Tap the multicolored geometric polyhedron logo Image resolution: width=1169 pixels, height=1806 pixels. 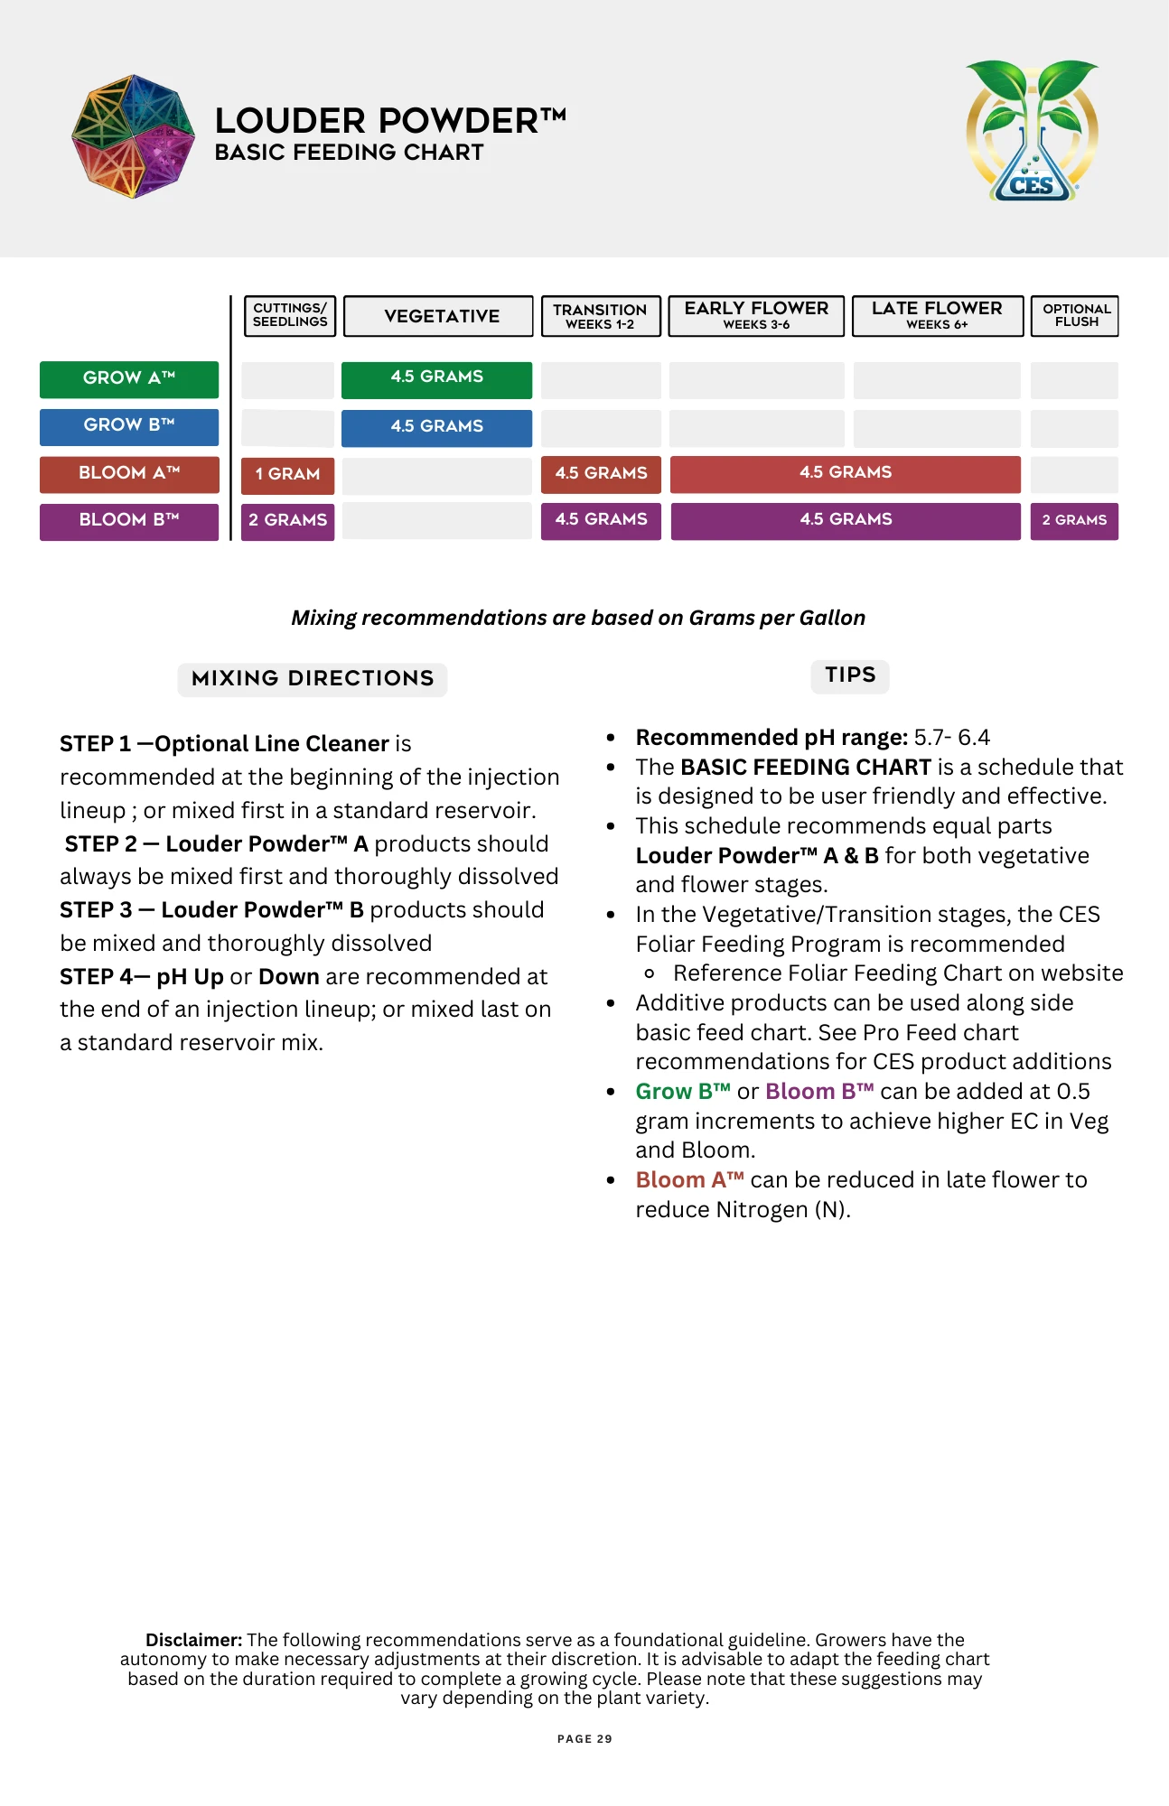tap(133, 136)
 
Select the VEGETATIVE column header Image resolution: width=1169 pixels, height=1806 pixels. tap(441, 316)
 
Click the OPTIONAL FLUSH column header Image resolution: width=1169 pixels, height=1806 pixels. tap(1075, 316)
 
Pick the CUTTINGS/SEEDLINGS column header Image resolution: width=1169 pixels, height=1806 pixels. tap(290, 316)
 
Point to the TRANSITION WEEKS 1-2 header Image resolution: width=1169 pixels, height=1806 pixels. tap(600, 316)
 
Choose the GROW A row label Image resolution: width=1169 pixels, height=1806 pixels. tap(128, 378)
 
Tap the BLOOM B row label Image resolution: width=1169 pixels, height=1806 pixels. tap(128, 520)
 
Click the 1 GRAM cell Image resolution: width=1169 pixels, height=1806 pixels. tap(287, 474)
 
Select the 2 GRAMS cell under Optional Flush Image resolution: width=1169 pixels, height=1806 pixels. tap(1074, 521)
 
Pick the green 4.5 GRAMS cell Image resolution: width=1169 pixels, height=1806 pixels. tap(436, 377)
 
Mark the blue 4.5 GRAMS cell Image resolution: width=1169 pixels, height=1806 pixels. tap(436, 426)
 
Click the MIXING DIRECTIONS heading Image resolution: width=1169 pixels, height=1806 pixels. tap(313, 678)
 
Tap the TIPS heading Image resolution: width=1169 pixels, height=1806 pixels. tap(850, 675)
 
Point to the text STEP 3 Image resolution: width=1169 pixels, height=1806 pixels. tap(96, 910)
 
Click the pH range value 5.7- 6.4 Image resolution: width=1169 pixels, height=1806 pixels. tap(951, 738)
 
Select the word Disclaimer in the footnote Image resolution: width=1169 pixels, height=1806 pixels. tap(193, 1640)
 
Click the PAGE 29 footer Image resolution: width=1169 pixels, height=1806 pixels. tap(584, 1739)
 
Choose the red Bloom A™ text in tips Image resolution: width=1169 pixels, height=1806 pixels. tap(689, 1180)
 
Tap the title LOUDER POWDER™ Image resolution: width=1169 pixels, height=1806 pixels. tap(390, 120)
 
